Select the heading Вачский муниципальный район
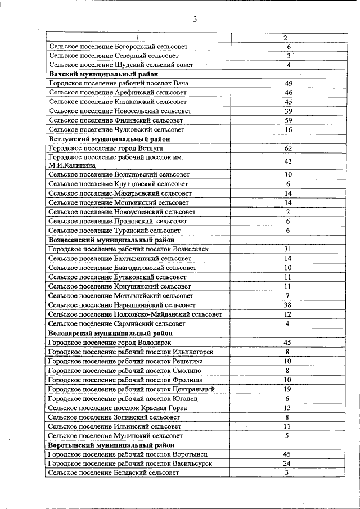coord(103,74)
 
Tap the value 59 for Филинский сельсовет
coord(288,120)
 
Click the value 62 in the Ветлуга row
coord(288,148)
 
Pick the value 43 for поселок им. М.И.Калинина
coord(288,161)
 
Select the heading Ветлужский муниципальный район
coord(109,139)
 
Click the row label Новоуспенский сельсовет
coord(122,212)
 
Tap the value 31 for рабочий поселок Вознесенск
coord(287,249)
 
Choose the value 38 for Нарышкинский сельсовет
coord(287,304)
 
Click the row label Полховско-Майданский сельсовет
coord(135,314)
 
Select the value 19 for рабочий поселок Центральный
coord(287,389)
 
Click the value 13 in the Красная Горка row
coord(287,408)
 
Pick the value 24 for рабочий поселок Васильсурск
coord(287,463)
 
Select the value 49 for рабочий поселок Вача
coord(288,83)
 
